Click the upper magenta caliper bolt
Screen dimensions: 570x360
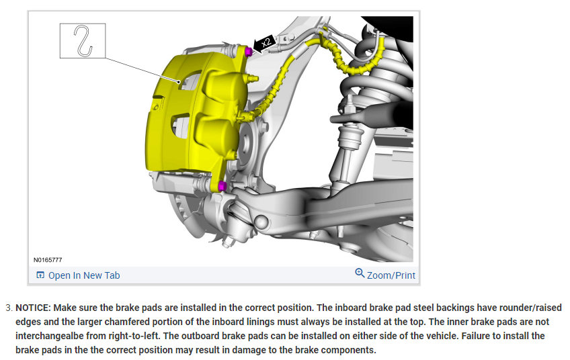click(x=249, y=52)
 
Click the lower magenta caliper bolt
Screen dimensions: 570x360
click(x=222, y=186)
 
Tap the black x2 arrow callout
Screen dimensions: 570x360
click(x=264, y=43)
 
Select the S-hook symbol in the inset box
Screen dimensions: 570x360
click(x=83, y=41)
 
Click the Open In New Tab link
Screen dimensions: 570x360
click(x=84, y=275)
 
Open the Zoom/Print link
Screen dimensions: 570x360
click(x=391, y=275)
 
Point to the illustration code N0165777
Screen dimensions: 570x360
click(x=48, y=260)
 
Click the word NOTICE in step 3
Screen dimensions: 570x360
click(x=33, y=308)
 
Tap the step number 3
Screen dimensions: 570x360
click(x=9, y=308)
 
